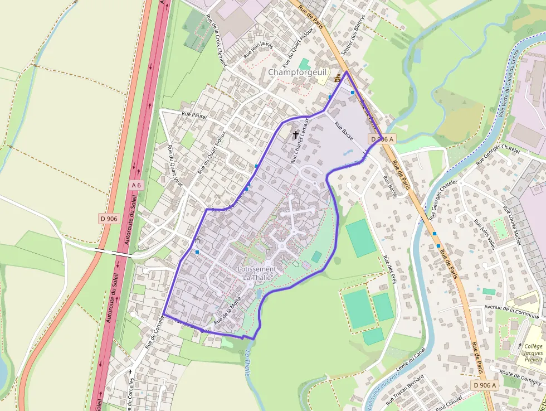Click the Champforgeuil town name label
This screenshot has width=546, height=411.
point(295,72)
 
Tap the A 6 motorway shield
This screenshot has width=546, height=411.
point(136,185)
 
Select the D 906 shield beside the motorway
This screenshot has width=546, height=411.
point(110,219)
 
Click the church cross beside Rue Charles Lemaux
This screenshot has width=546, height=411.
point(296,134)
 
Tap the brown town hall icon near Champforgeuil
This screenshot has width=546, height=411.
point(337,79)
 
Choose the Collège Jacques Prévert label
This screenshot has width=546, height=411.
point(533,353)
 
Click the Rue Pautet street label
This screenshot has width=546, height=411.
point(194,115)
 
